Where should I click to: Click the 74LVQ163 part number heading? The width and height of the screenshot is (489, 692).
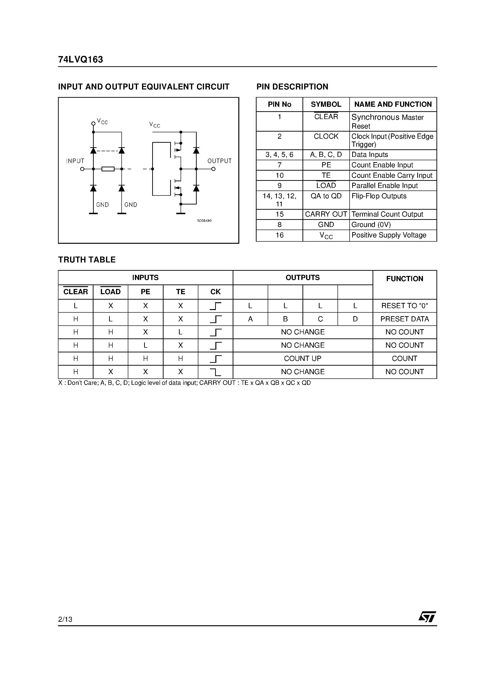coord(80,60)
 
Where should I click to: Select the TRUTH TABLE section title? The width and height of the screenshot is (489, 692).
coord(87,260)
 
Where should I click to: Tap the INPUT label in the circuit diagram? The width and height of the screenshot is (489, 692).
coord(75,161)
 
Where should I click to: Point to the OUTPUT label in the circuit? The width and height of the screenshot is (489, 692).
coord(219,161)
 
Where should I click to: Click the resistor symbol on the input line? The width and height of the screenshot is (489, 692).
coord(108,169)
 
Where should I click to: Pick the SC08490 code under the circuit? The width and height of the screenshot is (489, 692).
coord(204,221)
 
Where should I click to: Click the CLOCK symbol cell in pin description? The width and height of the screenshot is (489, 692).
coord(326,137)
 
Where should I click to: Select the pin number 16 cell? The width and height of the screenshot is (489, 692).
coord(280,235)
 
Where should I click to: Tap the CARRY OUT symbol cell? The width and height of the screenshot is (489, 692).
coord(326,214)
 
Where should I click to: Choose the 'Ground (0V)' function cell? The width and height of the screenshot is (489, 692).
coord(371,225)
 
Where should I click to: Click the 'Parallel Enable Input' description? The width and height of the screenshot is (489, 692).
coord(385,186)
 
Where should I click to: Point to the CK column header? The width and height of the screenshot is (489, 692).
coord(215,292)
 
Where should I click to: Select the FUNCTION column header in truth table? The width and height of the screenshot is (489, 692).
coord(405,279)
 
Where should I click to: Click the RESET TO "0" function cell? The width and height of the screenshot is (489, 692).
coord(405,306)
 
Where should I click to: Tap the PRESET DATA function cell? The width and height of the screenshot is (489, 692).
coord(405,319)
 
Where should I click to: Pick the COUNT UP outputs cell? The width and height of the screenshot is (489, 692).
coord(303,358)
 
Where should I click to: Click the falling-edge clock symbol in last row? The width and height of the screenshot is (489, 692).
coord(215,372)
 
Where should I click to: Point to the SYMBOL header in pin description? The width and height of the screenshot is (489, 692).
coord(326,105)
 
